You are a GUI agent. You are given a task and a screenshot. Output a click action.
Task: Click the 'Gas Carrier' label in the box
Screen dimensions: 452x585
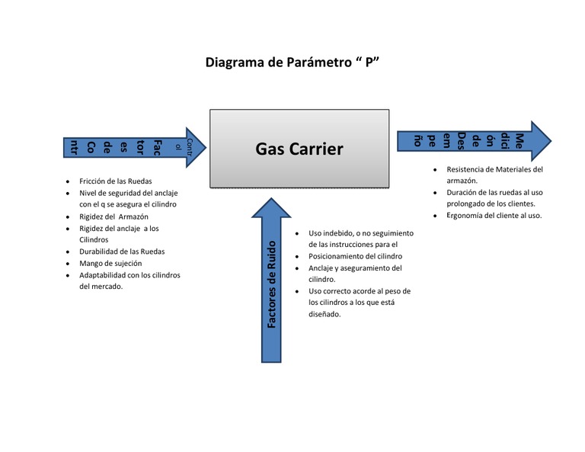pos(299,149)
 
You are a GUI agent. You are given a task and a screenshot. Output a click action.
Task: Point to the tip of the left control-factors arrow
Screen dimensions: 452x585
pos(206,146)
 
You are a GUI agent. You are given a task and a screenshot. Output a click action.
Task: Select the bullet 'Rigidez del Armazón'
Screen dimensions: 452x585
pos(115,216)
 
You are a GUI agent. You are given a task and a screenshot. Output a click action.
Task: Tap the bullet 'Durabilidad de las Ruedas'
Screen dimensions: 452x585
pos(122,252)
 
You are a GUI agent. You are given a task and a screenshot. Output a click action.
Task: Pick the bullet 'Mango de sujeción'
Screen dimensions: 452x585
pos(111,263)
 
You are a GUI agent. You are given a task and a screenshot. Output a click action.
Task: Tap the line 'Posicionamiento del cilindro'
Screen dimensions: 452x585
pos(355,256)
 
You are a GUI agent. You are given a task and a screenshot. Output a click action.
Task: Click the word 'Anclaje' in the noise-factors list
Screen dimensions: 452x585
pos(323,268)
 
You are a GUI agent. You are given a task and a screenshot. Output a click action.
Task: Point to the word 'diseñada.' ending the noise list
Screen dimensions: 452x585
pos(324,314)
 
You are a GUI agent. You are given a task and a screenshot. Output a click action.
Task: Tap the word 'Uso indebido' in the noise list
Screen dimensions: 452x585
pos(332,232)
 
